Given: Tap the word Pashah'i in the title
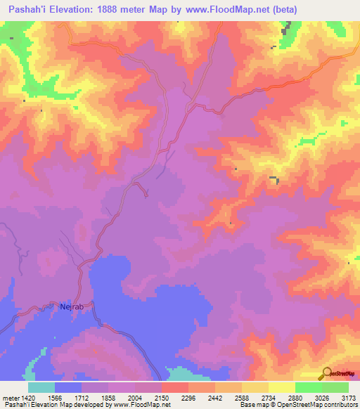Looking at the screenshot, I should click(x=28, y=10).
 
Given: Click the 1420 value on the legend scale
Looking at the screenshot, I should click(x=29, y=398).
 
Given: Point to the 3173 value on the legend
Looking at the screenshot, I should click(x=347, y=398).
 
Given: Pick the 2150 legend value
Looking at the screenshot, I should click(x=162, y=398).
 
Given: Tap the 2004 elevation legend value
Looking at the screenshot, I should click(x=135, y=398).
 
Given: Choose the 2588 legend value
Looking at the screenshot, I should click(x=241, y=398).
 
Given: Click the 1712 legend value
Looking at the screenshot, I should click(x=82, y=398).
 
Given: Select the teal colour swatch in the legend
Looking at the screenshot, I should click(x=41, y=387).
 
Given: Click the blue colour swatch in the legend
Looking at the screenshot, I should click(x=68, y=387).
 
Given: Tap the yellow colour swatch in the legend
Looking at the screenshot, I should click(x=281, y=387).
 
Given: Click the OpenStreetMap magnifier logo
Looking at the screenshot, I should click(x=327, y=373).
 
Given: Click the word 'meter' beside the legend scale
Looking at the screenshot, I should click(x=11, y=398).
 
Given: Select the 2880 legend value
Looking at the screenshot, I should click(x=295, y=398).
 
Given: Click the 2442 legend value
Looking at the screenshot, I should click(x=214, y=398).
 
